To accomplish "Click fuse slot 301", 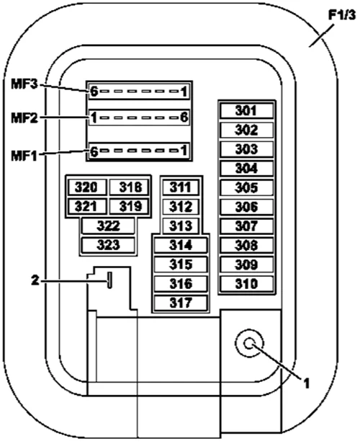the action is click(x=246, y=110).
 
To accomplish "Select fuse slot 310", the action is click(x=246, y=284).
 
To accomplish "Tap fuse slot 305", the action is click(x=246, y=187).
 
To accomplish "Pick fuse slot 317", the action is click(x=181, y=303).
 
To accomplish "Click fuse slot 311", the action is click(x=181, y=187).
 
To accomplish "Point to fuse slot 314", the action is click(x=181, y=245).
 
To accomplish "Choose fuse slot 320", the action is click(x=87, y=187).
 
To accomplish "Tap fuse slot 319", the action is click(x=129, y=206).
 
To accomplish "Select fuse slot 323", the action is click(x=108, y=245).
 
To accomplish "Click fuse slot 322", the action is click(x=108, y=226).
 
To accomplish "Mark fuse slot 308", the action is click(x=246, y=245).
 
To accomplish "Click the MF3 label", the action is click(x=24, y=84).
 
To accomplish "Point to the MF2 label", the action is click(x=24, y=117).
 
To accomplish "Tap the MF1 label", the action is click(x=24, y=156).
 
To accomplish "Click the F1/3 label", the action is click(x=341, y=14).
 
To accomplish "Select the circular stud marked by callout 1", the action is click(x=249, y=344).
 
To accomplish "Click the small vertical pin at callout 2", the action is click(x=109, y=280).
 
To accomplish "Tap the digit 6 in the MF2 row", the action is click(x=184, y=117).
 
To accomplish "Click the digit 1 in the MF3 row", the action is click(x=184, y=92).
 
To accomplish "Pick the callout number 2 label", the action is click(x=35, y=280).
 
